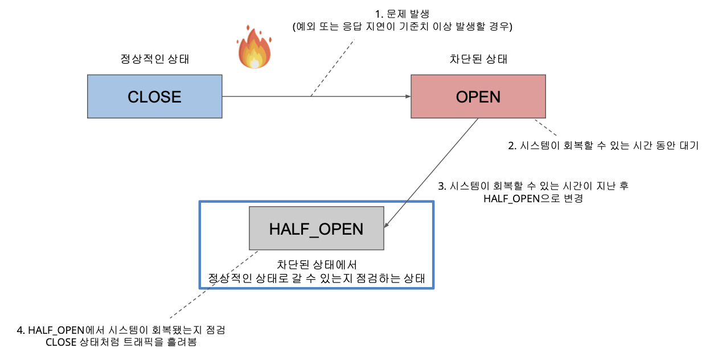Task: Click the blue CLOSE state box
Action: [155, 96]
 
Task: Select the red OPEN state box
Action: [478, 96]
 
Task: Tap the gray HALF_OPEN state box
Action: [316, 228]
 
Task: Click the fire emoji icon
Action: [254, 47]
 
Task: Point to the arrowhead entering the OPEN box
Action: [408, 96]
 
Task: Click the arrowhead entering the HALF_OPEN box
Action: [387, 225]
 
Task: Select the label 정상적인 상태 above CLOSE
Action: [155, 59]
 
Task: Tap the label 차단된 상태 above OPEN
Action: [478, 59]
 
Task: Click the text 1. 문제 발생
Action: [402, 14]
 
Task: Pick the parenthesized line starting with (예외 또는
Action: [402, 26]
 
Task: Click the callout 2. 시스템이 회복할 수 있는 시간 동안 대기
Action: [603, 146]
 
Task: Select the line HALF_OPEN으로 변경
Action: [533, 199]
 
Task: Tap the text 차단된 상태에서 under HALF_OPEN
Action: [317, 265]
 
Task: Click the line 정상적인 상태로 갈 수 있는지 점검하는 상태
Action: [317, 279]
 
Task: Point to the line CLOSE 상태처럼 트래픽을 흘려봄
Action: [121, 342]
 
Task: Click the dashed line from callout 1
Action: [333, 68]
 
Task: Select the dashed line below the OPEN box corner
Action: [545, 128]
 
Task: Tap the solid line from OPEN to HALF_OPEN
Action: [431, 172]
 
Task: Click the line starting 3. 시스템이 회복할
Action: [533, 186]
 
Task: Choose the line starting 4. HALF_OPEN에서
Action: [121, 330]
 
